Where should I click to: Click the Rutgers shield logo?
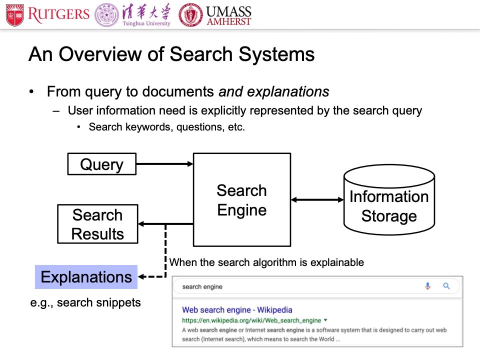click(x=15, y=14)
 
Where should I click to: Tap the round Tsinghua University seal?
click(x=107, y=15)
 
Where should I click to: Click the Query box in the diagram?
click(x=101, y=164)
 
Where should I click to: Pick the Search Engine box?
click(x=241, y=199)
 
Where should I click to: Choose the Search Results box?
click(x=97, y=224)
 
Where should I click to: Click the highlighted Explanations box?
click(x=86, y=276)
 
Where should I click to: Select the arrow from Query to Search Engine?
click(x=164, y=163)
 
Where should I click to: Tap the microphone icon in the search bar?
click(x=427, y=286)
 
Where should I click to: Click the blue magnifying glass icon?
click(x=446, y=286)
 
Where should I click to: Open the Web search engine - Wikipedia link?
click(x=237, y=309)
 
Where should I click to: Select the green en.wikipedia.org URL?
click(x=252, y=320)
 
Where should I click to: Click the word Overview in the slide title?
click(x=96, y=54)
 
